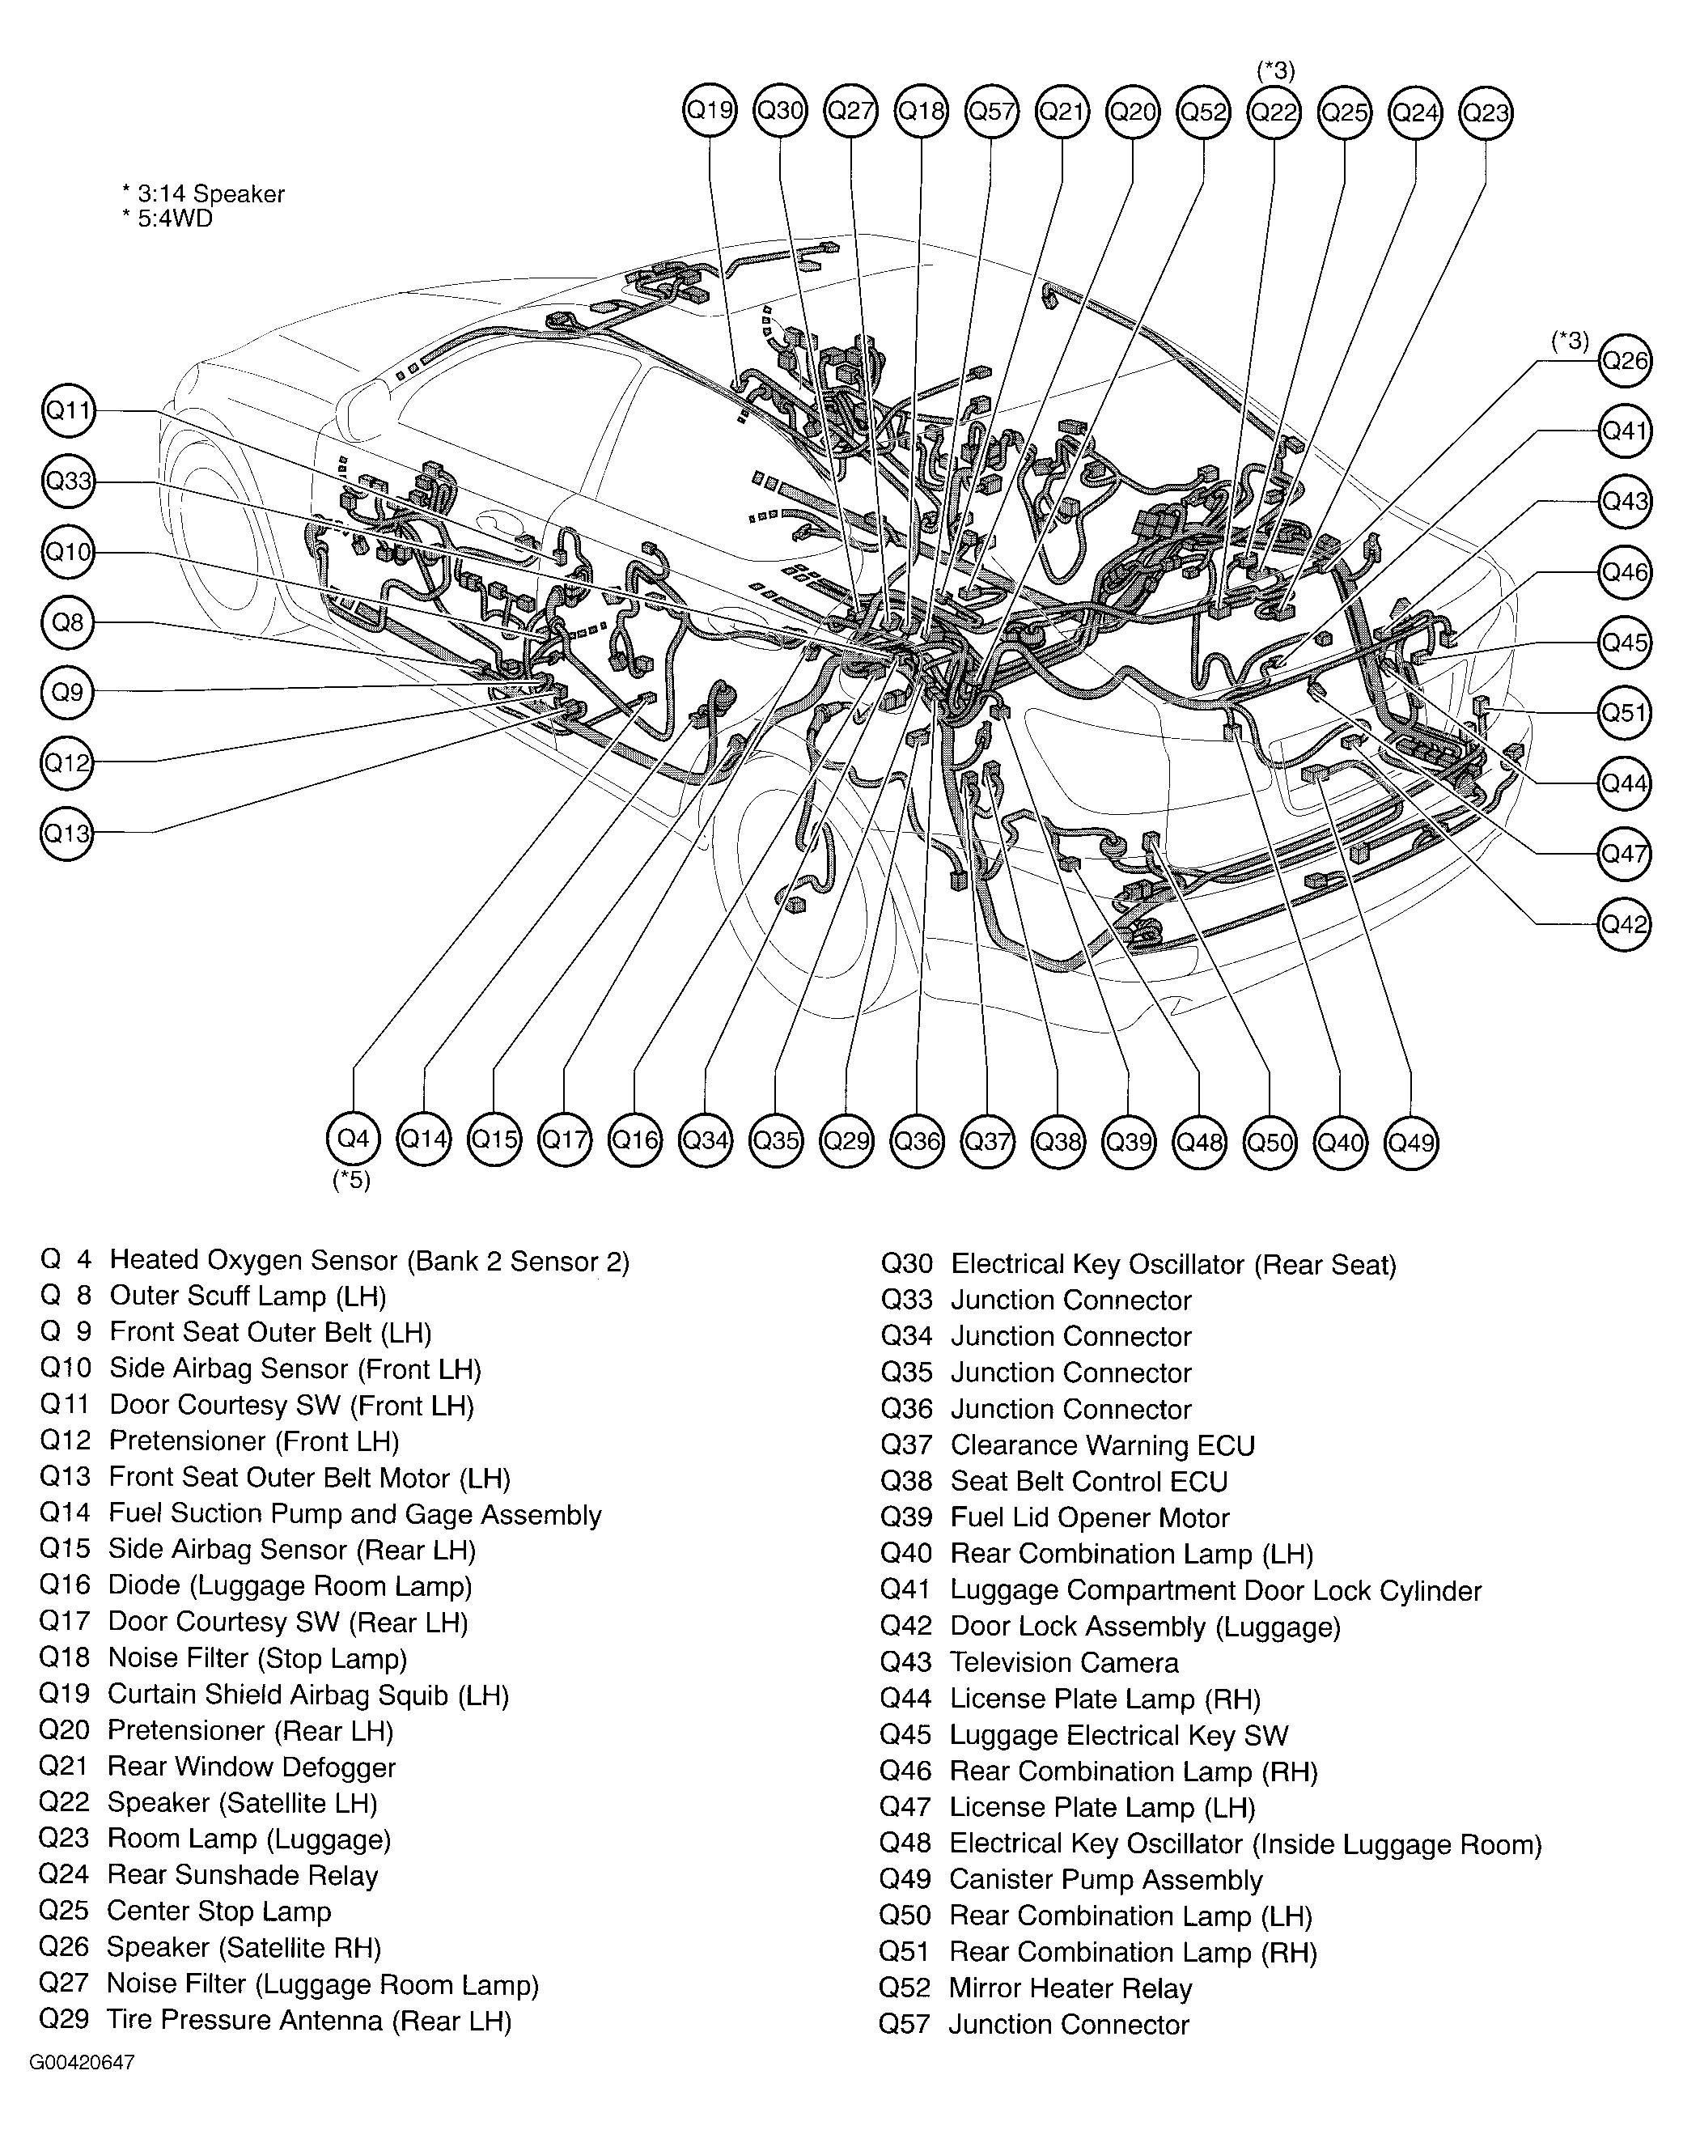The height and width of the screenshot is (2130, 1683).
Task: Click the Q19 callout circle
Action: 710,110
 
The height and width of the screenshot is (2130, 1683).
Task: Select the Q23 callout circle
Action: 1486,112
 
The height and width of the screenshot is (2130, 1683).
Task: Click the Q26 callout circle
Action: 1624,361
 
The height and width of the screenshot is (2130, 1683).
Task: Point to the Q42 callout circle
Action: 1624,923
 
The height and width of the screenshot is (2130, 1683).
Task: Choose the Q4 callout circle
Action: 353,1139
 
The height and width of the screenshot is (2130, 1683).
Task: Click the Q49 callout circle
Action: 1411,1143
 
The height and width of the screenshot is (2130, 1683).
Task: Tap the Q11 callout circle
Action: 68,410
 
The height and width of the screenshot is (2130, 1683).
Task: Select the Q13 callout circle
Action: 67,834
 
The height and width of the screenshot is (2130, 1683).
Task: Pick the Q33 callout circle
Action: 68,481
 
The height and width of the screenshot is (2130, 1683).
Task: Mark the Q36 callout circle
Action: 918,1141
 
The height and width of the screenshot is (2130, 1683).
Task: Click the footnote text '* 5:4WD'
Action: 167,219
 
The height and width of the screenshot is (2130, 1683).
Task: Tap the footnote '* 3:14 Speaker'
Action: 203,194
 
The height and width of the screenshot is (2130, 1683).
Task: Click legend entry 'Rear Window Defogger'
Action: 252,1767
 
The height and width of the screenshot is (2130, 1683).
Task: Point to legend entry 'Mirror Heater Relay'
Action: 1070,1989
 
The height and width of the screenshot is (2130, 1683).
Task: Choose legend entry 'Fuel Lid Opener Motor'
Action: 1090,1518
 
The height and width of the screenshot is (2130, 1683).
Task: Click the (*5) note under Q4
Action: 352,1180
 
